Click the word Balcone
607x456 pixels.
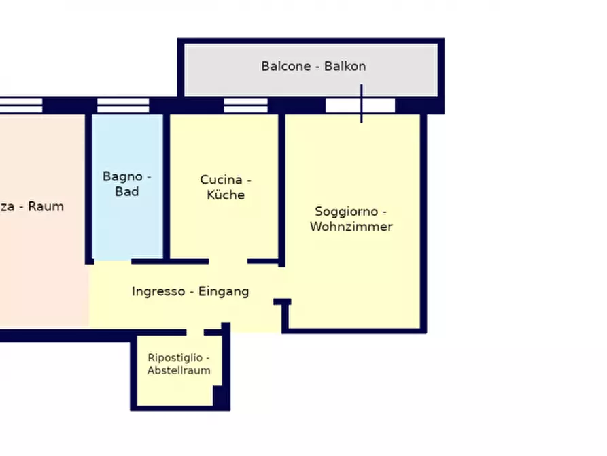pyautogui.click(x=285, y=66)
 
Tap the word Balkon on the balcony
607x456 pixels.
pyautogui.click(x=345, y=66)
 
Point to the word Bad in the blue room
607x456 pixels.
pyautogui.click(x=127, y=192)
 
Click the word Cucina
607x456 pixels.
pyautogui.click(x=221, y=180)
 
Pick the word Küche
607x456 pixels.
pyautogui.click(x=226, y=195)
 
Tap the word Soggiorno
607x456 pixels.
pyautogui.click(x=346, y=212)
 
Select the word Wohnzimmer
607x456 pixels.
pyautogui.click(x=351, y=227)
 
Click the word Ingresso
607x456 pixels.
pyautogui.click(x=158, y=291)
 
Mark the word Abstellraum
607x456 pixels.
pyautogui.click(x=179, y=371)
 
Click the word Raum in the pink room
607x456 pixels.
pyautogui.click(x=46, y=206)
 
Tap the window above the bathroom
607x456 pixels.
pyautogui.click(x=123, y=105)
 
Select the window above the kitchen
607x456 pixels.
pyautogui.click(x=245, y=105)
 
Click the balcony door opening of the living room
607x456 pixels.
pyautogui.click(x=360, y=105)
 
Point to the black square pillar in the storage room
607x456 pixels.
pyautogui.click(x=221, y=396)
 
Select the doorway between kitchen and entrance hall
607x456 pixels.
pyautogui.click(x=228, y=261)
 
